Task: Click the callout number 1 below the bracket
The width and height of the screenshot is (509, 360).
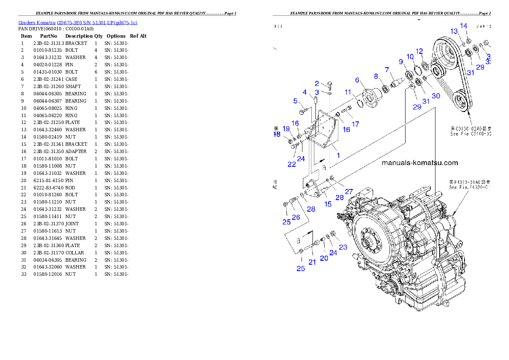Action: click(x=338, y=155)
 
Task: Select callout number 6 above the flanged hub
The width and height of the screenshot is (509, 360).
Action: click(x=357, y=80)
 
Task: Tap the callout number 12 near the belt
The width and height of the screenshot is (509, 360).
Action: click(x=419, y=51)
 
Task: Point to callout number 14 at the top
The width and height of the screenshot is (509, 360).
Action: click(x=464, y=26)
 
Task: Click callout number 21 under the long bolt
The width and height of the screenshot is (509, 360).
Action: click(x=312, y=262)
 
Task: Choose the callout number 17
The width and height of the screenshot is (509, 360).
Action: click(x=355, y=124)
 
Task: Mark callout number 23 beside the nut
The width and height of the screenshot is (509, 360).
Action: click(x=343, y=247)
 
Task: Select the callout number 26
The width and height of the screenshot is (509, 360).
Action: click(x=296, y=217)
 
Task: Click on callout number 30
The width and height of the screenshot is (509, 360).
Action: click(x=435, y=96)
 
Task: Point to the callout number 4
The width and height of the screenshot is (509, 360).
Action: click(x=305, y=92)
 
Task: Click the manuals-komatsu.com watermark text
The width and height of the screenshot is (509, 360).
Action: click(x=419, y=163)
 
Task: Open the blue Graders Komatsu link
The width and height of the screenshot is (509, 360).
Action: click(x=77, y=23)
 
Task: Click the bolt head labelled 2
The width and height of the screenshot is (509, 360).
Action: click(x=330, y=84)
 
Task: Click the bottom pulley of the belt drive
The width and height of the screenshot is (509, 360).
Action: click(x=461, y=102)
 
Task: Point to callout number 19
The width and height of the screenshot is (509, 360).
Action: click(x=286, y=128)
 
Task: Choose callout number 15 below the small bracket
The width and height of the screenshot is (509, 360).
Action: click(x=328, y=204)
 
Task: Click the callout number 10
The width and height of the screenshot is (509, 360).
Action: click(x=410, y=57)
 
